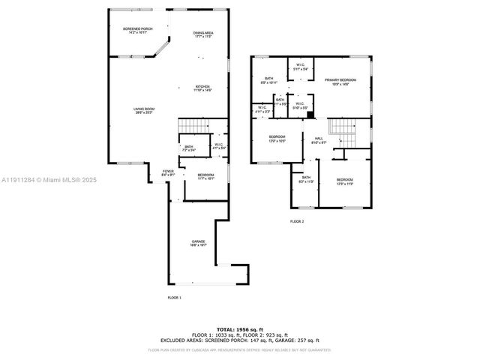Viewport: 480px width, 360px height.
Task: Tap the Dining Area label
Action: (203, 34)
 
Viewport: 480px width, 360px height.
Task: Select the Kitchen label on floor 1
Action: (203, 87)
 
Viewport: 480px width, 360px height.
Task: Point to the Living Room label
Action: (144, 111)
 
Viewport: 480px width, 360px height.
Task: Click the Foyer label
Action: (168, 173)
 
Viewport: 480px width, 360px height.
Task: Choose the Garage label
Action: (198, 243)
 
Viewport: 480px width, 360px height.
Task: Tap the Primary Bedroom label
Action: (340, 81)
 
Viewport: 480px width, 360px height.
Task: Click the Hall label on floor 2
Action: (319, 140)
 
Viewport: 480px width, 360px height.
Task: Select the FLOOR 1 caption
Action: (174, 298)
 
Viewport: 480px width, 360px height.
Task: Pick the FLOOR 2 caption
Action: (297, 221)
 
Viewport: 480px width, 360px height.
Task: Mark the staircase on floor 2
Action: (346, 132)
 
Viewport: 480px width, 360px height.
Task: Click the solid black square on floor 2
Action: (310, 115)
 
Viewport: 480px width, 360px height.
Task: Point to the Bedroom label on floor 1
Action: (205, 176)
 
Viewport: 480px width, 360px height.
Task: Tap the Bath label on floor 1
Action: (189, 148)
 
